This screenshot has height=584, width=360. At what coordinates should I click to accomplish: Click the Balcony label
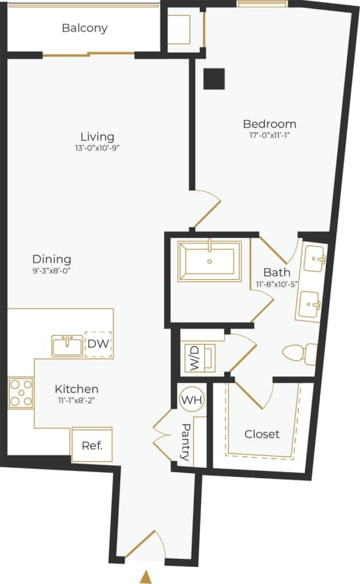84,28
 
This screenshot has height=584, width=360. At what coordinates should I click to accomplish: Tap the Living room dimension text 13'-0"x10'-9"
97,148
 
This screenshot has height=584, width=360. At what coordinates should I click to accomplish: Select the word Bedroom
269,124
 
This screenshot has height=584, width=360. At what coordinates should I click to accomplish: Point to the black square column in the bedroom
214,79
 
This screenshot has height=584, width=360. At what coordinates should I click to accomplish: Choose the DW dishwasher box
99,344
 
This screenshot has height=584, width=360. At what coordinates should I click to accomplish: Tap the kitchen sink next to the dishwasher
67,345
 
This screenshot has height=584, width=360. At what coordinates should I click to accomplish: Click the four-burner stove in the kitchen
20,393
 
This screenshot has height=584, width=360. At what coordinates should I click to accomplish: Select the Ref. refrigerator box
91,445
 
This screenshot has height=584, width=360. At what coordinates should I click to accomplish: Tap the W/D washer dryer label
195,359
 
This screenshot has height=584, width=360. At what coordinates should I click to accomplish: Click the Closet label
261,434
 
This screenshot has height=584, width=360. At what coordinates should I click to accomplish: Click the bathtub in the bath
210,261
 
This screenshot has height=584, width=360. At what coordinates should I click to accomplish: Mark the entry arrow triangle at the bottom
146,577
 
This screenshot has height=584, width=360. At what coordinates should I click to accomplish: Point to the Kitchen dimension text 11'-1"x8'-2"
77,401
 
